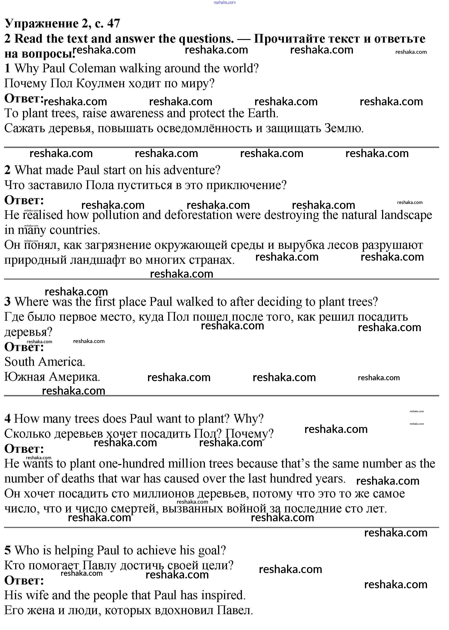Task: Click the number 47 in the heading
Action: click(x=114, y=23)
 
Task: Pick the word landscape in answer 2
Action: click(x=406, y=215)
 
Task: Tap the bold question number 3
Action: click(x=7, y=301)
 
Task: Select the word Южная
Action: click(x=25, y=377)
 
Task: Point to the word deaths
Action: click(x=78, y=478)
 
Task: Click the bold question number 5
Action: click(x=7, y=550)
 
